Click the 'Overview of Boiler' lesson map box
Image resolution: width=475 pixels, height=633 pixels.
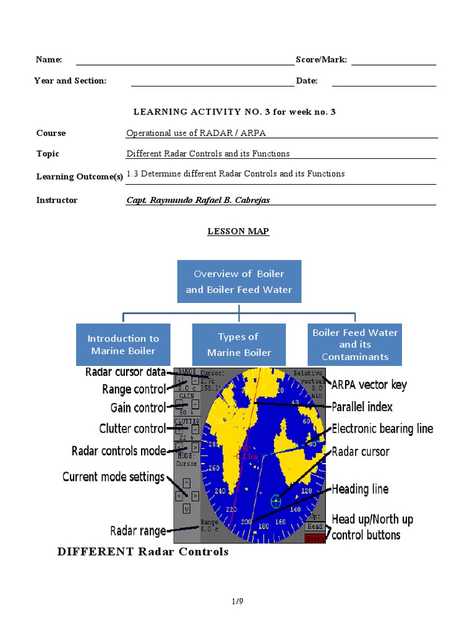click(239, 281)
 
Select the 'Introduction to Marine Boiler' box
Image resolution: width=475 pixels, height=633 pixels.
click(123, 344)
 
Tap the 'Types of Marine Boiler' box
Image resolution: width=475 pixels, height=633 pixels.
click(239, 344)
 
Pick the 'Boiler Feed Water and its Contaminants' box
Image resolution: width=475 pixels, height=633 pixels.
click(355, 344)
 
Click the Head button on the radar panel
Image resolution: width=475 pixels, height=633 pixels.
click(314, 526)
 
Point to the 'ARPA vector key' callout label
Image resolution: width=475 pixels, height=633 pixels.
click(369, 385)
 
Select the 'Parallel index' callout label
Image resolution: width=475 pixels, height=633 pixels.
click(362, 407)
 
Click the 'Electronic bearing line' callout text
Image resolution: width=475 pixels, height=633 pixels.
click(382, 429)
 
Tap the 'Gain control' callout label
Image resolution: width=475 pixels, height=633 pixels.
click(138, 408)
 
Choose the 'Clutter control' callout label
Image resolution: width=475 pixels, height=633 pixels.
click(132, 429)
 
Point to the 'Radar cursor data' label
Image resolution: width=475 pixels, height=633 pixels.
click(125, 372)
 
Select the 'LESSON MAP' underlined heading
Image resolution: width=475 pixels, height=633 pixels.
click(238, 231)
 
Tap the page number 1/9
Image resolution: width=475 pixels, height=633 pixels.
click(238, 600)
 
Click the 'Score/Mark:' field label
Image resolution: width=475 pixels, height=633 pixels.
click(321, 60)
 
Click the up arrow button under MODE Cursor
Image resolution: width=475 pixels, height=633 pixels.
click(187, 483)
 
